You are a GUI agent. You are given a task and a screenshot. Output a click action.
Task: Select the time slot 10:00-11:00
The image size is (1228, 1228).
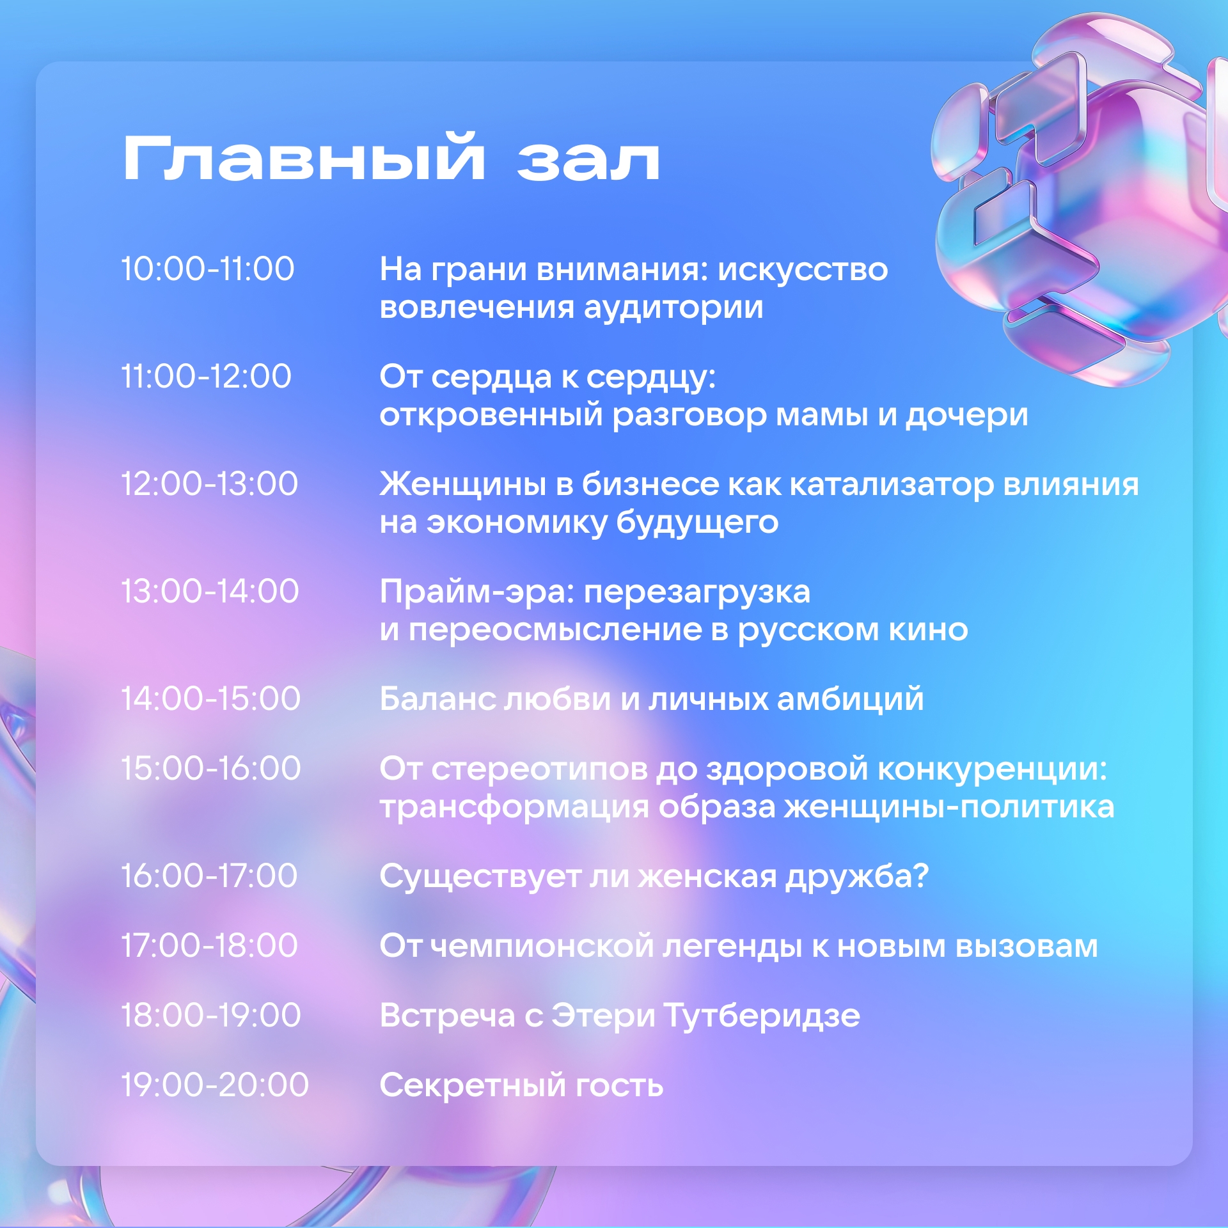click(x=208, y=269)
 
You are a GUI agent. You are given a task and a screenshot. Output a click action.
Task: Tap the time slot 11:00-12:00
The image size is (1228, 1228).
click(x=207, y=376)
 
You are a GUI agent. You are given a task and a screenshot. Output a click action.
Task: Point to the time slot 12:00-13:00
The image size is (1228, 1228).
click(x=210, y=484)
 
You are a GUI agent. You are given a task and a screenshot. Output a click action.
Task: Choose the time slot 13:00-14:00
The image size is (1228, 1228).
click(x=210, y=591)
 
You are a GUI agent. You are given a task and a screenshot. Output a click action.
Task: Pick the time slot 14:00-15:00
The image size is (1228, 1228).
click(x=211, y=698)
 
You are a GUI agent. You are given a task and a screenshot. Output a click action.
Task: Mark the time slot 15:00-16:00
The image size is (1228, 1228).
click(x=211, y=768)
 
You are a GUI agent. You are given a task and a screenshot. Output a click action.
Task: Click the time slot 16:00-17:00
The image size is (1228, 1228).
click(x=210, y=876)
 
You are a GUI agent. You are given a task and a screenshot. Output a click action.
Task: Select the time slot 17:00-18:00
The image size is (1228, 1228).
click(x=210, y=945)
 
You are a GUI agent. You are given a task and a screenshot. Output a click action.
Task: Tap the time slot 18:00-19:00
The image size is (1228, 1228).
click(x=211, y=1015)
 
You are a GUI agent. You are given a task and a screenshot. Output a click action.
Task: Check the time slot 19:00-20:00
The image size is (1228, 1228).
click(x=216, y=1085)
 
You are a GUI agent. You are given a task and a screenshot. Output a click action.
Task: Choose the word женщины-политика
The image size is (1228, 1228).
click(x=950, y=808)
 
